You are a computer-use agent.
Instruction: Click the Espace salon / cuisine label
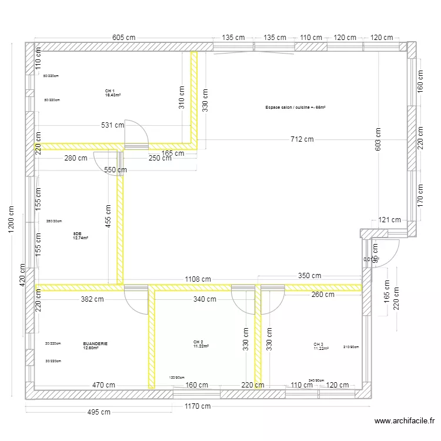(x=295, y=108)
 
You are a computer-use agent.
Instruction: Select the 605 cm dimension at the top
(x=124, y=37)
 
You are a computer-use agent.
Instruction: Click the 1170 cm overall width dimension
(x=197, y=406)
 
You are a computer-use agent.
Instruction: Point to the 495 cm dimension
(x=96, y=412)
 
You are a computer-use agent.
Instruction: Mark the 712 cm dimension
(x=301, y=139)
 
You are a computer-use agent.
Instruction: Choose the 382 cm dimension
(x=92, y=299)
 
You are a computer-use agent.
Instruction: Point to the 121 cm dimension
(x=389, y=220)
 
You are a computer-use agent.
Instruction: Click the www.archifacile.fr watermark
(x=406, y=421)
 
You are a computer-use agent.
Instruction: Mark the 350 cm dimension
(x=309, y=275)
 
